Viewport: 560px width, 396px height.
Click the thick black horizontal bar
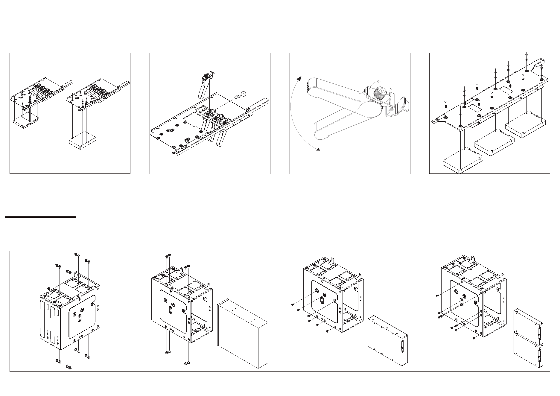[40, 217]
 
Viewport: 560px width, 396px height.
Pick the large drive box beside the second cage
[243, 336]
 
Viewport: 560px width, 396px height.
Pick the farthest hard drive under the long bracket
[525, 124]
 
